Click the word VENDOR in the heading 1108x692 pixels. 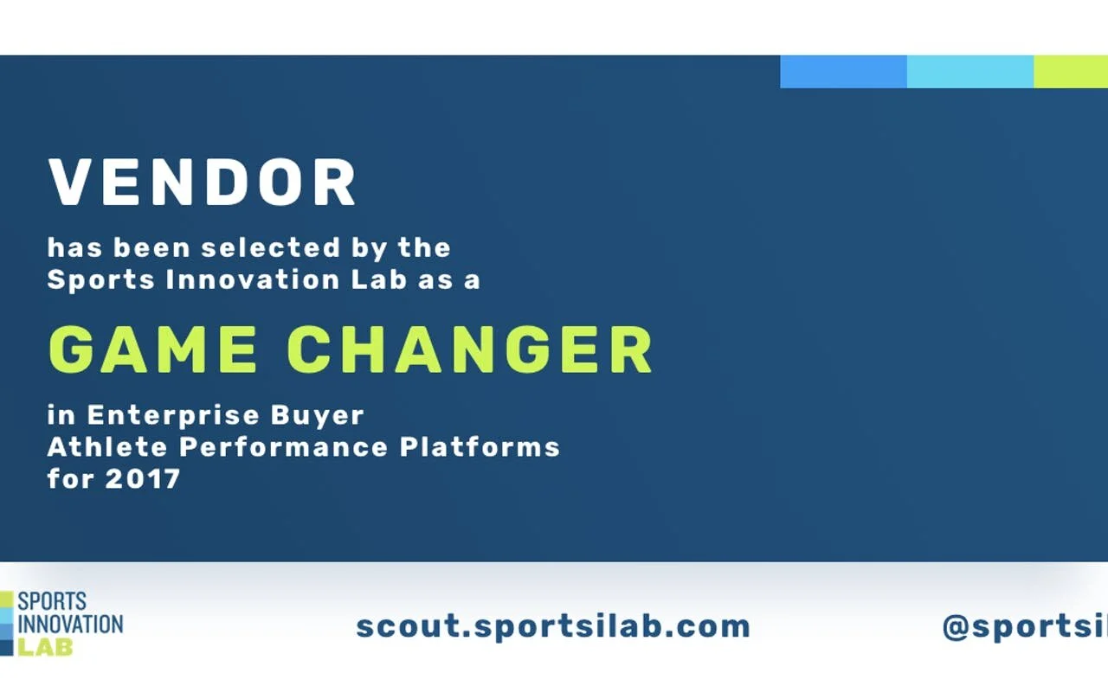click(203, 183)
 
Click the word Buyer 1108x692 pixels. click(318, 415)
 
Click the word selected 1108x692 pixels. click(271, 248)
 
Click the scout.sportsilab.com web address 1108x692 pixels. click(553, 625)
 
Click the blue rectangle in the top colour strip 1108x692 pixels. click(843, 72)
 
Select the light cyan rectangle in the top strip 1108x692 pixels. click(969, 72)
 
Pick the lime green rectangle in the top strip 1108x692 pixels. click(1071, 72)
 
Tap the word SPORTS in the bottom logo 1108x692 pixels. click(52, 601)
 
